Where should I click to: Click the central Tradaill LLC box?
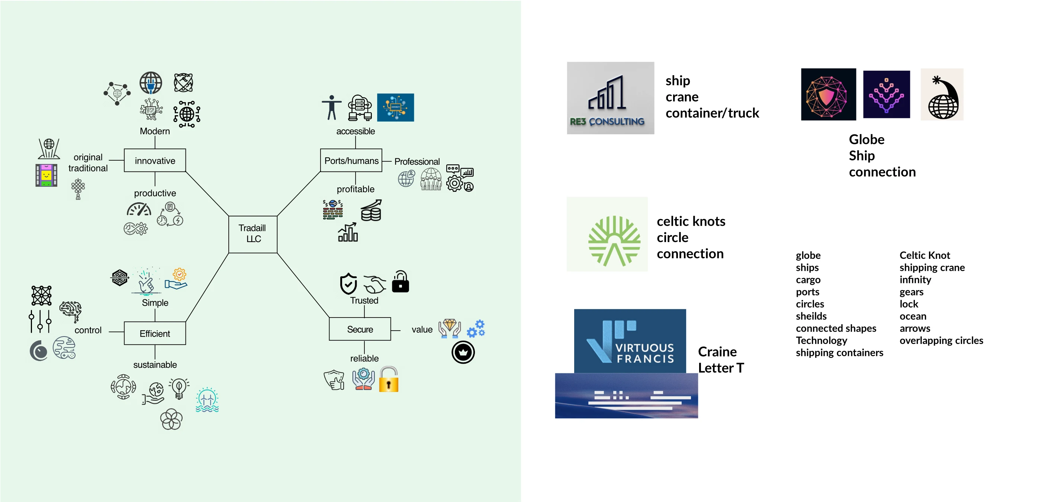[x=253, y=234]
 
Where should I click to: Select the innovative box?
[x=155, y=161]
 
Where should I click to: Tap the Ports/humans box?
[x=351, y=161]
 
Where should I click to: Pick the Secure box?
[x=360, y=329]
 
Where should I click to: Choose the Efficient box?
[x=155, y=333]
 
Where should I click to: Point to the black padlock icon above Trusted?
[x=400, y=281]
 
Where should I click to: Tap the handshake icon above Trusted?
[x=374, y=284]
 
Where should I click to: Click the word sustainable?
[x=155, y=364]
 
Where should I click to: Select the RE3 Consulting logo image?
[x=610, y=98]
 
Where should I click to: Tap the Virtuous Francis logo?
[x=630, y=341]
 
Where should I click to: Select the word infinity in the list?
[x=915, y=280]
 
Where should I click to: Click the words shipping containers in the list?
[x=839, y=353]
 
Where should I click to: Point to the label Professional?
[x=417, y=161]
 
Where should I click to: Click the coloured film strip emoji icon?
[x=46, y=175]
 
